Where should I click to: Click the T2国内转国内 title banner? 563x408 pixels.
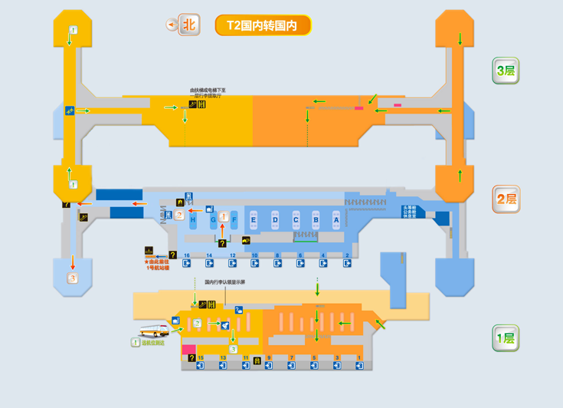click(x=263, y=25)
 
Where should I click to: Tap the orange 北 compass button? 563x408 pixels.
click(x=188, y=25)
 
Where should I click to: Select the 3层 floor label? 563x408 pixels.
click(x=506, y=71)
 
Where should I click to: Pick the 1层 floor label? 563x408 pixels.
click(x=506, y=337)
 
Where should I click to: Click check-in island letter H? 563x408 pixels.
click(x=193, y=220)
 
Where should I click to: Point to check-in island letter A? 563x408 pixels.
click(x=336, y=220)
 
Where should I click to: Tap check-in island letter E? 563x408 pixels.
click(x=254, y=220)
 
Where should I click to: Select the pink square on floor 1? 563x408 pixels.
click(x=188, y=349)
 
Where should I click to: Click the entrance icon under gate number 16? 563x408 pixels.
click(x=187, y=264)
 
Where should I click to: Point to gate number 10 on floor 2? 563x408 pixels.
click(x=254, y=255)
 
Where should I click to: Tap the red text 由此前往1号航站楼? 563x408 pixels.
click(x=156, y=265)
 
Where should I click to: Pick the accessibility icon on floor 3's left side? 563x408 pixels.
click(x=69, y=111)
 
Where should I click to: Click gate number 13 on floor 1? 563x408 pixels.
click(x=223, y=358)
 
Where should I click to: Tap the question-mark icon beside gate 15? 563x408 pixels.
click(x=191, y=358)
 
